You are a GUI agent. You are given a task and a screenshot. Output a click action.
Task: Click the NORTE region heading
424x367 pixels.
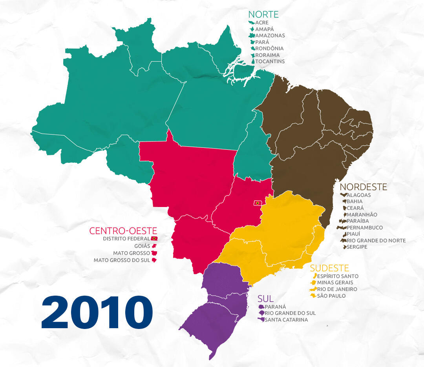263,15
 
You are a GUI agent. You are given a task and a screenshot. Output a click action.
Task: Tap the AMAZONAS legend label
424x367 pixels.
270,36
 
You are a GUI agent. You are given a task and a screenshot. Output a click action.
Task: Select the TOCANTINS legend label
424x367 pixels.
270,62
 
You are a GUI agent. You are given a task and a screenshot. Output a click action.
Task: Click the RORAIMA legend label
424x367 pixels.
268,55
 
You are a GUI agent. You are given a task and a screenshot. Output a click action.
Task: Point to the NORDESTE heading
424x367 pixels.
363,187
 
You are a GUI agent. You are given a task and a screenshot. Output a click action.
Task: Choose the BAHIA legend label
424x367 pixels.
355,202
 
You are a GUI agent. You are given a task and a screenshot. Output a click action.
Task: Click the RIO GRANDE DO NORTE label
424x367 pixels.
376,241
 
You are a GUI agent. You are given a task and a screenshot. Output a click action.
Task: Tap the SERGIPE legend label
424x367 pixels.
357,247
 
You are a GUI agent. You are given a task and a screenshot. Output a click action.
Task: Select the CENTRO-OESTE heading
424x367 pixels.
123,231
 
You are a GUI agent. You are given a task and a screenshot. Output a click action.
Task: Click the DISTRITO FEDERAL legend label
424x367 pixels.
126,238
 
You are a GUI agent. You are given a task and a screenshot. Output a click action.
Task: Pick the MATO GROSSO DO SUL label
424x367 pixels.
122,260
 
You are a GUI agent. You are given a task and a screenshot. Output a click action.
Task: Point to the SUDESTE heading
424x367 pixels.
329,268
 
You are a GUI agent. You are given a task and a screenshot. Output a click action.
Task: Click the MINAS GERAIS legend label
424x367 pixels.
335,283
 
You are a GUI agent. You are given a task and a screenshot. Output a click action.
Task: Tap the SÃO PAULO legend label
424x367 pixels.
331,296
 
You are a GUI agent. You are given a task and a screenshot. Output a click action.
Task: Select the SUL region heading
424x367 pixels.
265,299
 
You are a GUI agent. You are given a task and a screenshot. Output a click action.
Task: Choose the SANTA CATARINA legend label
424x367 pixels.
286,320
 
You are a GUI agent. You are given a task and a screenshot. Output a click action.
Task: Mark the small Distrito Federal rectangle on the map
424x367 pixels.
258,203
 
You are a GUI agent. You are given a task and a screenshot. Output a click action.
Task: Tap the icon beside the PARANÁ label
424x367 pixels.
261,307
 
